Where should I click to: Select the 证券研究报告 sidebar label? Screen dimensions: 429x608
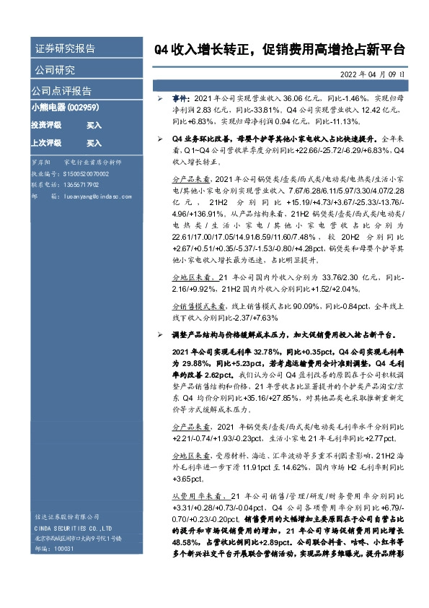(x=65, y=49)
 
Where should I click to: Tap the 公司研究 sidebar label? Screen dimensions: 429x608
(x=54, y=70)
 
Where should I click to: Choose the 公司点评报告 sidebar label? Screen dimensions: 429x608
(x=61, y=91)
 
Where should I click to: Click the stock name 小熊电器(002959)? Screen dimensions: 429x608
(x=66, y=107)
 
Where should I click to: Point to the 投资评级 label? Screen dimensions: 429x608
(x=46, y=125)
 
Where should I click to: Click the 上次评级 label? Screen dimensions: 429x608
(x=46, y=143)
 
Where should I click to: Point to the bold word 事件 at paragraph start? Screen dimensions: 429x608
(x=180, y=96)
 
